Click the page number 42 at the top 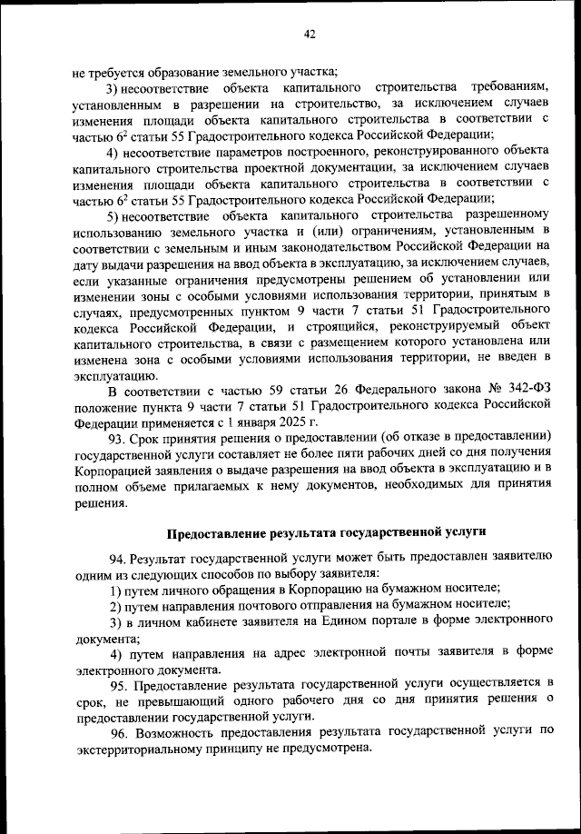coord(309,35)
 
